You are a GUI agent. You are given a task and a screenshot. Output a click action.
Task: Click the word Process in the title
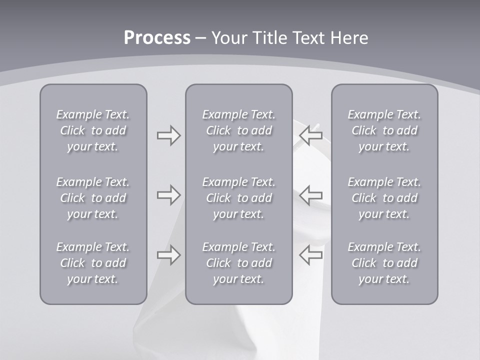[157, 38]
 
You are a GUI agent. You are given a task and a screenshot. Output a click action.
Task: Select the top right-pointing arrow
[168, 135]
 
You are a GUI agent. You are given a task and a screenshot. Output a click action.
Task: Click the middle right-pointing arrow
[168, 195]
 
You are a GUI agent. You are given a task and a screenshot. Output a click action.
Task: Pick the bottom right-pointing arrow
[168, 255]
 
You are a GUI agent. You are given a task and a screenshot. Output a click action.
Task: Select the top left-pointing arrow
[310, 135]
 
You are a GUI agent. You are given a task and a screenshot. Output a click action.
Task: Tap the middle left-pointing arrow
[310, 195]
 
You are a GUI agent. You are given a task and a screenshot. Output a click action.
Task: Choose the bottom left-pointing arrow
[310, 255]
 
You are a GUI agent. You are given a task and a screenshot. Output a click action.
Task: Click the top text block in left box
[93, 130]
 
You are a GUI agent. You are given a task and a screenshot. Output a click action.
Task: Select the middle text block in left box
[93, 198]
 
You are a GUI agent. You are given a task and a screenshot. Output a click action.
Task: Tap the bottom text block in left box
[93, 263]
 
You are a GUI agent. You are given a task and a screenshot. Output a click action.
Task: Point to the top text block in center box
[238, 130]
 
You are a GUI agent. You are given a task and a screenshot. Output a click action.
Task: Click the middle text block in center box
[238, 198]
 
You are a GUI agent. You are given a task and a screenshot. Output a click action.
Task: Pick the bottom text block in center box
[238, 263]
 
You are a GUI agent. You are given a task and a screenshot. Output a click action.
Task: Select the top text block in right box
[384, 130]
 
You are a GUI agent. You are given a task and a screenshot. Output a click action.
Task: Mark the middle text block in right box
[384, 198]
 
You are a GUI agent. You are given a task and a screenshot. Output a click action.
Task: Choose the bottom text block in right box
[384, 263]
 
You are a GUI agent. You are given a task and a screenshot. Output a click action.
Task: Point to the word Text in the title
[308, 38]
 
